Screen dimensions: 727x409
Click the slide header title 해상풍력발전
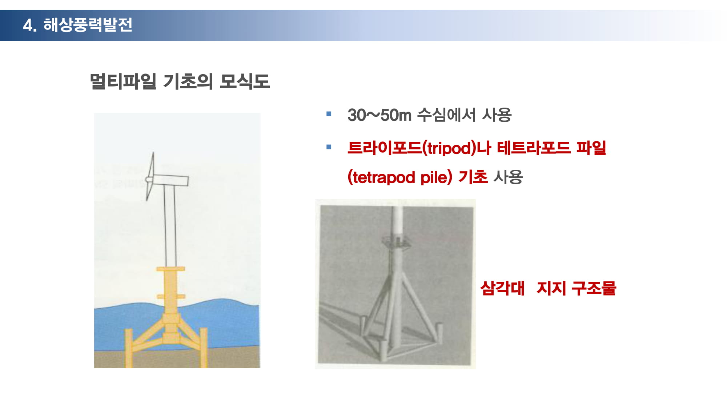tap(88, 25)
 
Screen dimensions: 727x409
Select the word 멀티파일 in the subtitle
tap(123, 81)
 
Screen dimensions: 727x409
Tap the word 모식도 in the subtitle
tap(245, 81)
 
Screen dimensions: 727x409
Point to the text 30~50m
tap(379, 115)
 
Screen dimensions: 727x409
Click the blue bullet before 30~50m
tap(329, 114)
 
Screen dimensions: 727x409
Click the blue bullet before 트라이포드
tap(329, 147)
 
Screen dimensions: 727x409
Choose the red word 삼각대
tap(502, 288)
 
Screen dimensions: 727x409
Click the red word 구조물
tap(594, 288)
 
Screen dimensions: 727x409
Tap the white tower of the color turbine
tap(170, 225)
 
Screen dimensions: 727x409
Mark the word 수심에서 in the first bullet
tap(446, 115)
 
